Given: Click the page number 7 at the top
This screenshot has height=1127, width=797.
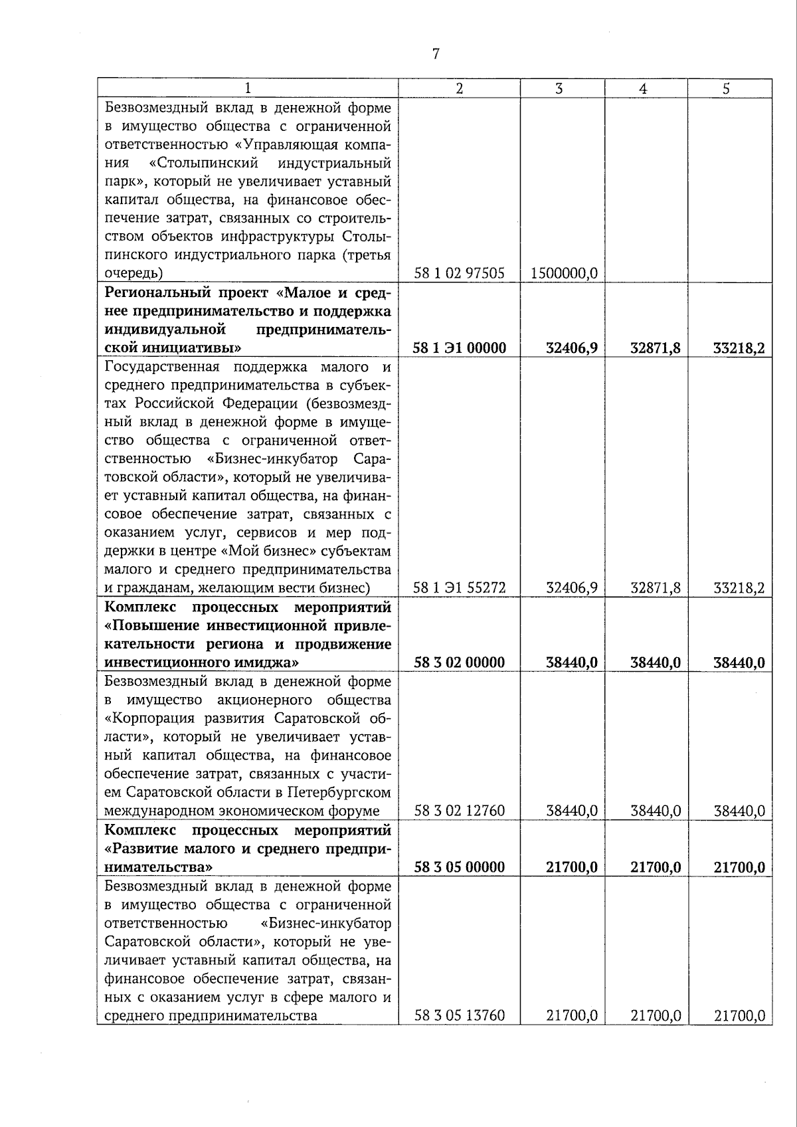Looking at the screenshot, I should (436, 54).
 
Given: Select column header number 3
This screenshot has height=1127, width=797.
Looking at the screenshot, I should (559, 88).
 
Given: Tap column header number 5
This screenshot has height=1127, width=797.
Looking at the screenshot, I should (727, 88).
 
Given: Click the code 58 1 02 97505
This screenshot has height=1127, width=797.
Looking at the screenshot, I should (459, 273).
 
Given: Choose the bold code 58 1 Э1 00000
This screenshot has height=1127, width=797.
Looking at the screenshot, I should (460, 348).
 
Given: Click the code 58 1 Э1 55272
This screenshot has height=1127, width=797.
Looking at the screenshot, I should (460, 587).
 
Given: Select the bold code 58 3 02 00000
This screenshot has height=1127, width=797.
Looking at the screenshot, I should (460, 663).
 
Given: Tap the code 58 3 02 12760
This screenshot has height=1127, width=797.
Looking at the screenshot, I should (460, 811).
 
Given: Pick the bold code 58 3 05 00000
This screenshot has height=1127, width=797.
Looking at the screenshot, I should (460, 867).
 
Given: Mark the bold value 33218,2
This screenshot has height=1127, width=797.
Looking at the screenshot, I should (739, 348).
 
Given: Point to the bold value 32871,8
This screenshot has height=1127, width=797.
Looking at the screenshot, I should (656, 348).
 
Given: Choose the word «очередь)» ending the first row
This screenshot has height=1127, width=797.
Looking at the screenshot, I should (133, 273).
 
